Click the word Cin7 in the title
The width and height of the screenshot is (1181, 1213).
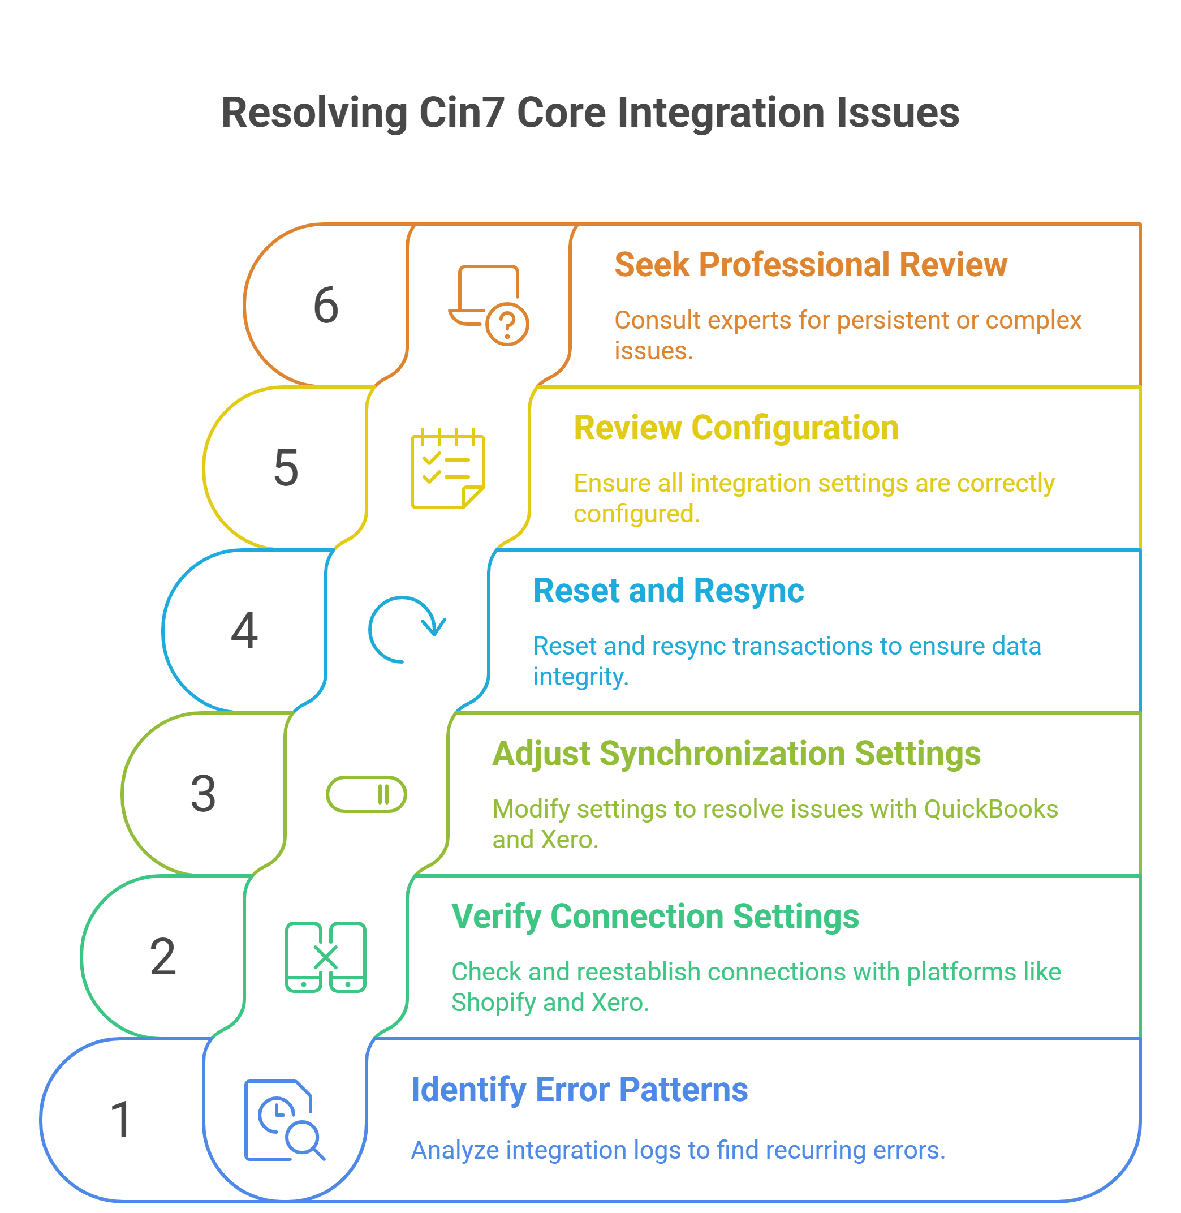460,113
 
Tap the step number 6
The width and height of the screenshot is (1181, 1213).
326,306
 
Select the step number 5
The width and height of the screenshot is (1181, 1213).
286,468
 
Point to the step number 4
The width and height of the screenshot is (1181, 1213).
244,631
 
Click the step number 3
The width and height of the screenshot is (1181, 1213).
203,794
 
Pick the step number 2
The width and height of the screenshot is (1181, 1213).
163,956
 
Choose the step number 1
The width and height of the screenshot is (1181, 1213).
121,1120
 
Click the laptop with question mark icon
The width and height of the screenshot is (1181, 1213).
488,304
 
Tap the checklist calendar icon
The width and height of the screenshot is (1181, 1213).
447,468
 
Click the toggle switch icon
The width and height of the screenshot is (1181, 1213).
366,794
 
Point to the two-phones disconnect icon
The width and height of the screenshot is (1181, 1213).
325,957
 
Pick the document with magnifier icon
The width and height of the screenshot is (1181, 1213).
284,1120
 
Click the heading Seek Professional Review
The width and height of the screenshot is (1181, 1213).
810,265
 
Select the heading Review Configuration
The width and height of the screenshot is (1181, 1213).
736,428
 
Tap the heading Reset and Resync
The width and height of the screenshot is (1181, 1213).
668,591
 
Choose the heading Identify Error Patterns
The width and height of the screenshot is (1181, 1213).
579,1090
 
